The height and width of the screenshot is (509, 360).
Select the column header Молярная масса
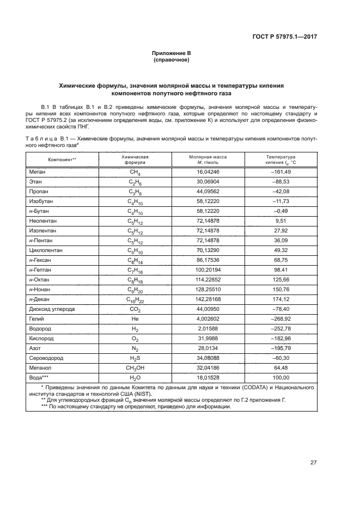208,156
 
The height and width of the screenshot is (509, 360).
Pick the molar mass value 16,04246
208,171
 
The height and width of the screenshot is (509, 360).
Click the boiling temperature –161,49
280,171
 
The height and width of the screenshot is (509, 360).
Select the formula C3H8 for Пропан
135,192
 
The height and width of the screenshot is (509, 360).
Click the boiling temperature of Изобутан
280,201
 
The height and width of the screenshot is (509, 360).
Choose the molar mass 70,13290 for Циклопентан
208,250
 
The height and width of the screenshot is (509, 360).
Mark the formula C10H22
135,300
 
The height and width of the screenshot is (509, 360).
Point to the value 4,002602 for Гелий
208,319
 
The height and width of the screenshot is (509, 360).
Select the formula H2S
135,359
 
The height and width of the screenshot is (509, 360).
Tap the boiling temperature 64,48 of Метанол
280,369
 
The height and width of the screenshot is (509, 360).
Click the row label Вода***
40,378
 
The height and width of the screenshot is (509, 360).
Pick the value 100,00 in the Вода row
280,378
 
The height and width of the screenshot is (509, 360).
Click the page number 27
313,463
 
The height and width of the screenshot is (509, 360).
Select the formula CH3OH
135,369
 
